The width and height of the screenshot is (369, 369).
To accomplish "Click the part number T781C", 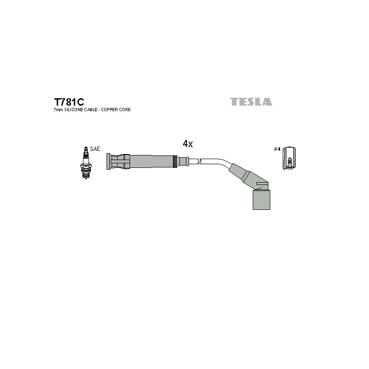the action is pyautogui.click(x=69, y=102).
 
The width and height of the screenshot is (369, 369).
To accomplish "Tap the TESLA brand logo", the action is pyautogui.click(x=251, y=101).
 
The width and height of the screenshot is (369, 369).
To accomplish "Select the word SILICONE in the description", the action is pyautogui.click(x=72, y=110).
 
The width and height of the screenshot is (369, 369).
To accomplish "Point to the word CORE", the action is pyautogui.click(x=125, y=110).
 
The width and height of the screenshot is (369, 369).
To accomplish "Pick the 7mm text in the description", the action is pyautogui.click(x=59, y=110).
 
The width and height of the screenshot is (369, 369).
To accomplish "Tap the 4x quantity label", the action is pyautogui.click(x=188, y=143).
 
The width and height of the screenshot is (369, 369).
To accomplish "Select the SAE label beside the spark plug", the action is pyautogui.click(x=95, y=149).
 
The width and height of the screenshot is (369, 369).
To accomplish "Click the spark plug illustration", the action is pyautogui.click(x=86, y=163).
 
